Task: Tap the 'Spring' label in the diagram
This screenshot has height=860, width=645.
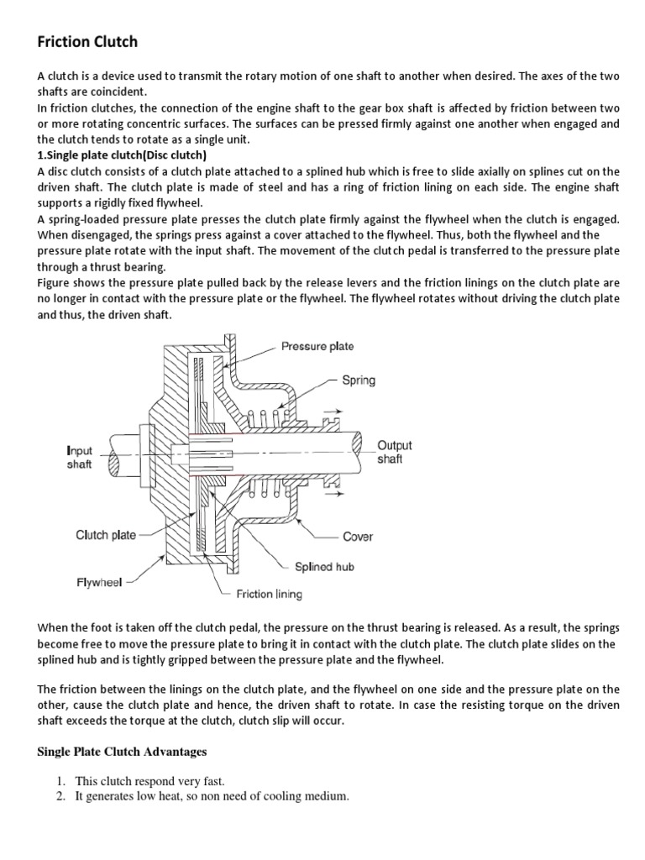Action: [358, 380]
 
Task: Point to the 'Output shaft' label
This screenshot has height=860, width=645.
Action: [395, 452]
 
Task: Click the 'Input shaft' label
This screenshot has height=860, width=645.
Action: [79, 458]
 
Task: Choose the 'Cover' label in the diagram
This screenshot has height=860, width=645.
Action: [358, 536]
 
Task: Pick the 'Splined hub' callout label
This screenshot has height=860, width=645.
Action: [323, 566]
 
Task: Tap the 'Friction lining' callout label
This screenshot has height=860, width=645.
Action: [269, 594]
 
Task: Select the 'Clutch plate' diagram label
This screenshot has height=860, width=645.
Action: [106, 535]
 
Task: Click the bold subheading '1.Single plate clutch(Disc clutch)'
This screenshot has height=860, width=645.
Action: [122, 155]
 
